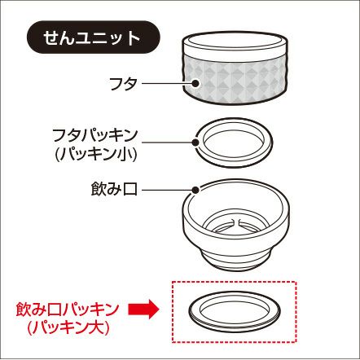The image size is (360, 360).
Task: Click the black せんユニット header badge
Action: [x=93, y=37]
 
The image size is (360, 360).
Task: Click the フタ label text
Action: [x=123, y=84]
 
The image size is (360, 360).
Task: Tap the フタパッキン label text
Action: [x=95, y=135]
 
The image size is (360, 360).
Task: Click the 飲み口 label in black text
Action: [x=114, y=189]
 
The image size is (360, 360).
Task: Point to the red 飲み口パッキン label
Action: [x=68, y=310]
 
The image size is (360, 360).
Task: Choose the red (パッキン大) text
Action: [x=68, y=328]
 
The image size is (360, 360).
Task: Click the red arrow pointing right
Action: [x=143, y=310]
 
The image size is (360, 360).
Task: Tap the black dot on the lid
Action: [x=195, y=83]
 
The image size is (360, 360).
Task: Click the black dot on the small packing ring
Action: [x=195, y=143]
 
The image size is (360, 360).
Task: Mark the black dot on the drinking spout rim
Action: [x=195, y=190]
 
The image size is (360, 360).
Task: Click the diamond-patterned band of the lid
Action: [x=235, y=81]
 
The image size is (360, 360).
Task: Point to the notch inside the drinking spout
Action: [x=235, y=222]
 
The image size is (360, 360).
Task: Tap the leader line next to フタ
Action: [x=166, y=83]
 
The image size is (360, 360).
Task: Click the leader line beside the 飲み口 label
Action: [x=166, y=190]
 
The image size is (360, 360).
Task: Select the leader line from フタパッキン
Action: [x=166, y=143]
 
